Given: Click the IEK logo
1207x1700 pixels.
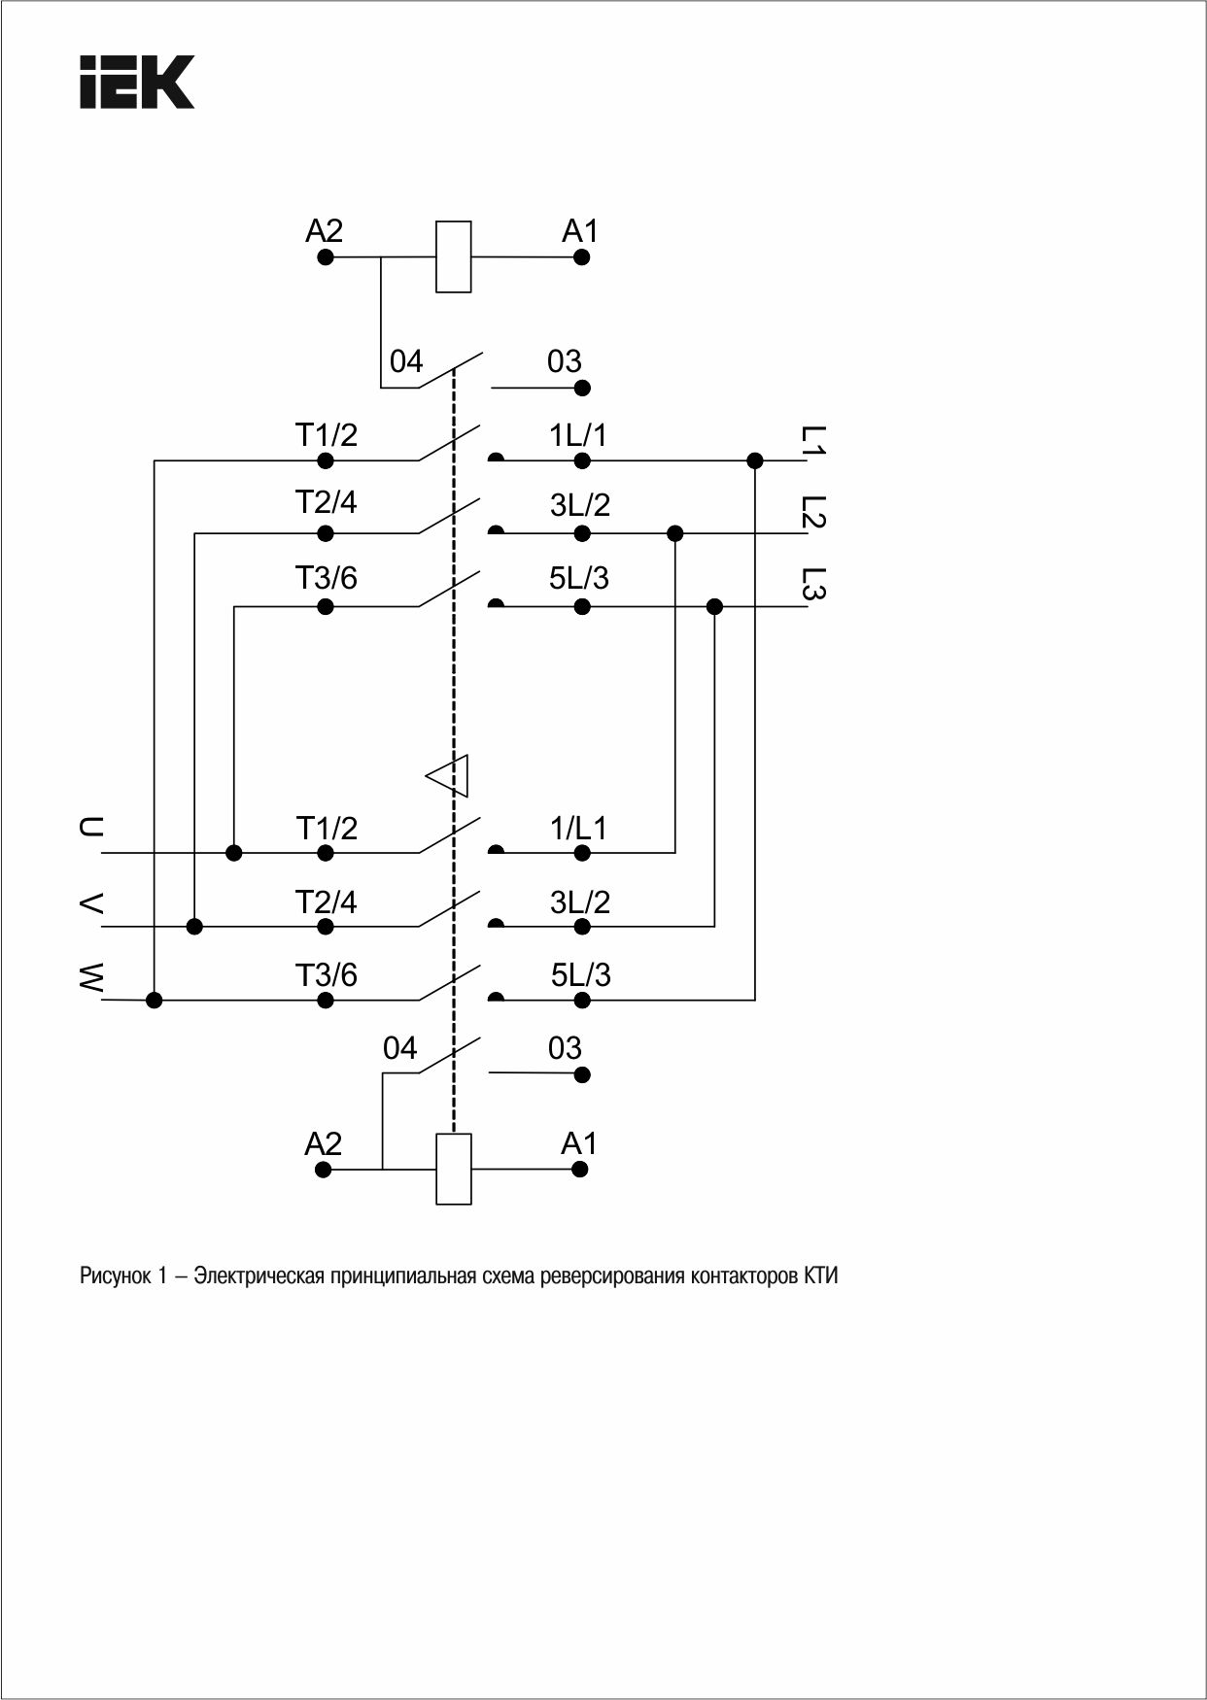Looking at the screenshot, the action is [x=136, y=82].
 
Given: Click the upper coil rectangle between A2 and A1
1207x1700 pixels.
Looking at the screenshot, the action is [x=454, y=256].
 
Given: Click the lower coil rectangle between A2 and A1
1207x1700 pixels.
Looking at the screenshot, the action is [x=454, y=1169].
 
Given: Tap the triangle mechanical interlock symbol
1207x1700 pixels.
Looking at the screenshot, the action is [x=448, y=775].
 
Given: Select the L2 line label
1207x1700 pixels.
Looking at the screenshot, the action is [x=813, y=512].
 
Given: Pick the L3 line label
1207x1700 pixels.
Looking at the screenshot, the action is [x=813, y=584].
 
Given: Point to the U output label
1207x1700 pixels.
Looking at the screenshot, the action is [x=89, y=828].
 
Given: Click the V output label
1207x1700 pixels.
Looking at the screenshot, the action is [x=89, y=902].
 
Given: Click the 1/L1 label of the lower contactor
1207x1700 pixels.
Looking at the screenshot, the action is [x=578, y=828].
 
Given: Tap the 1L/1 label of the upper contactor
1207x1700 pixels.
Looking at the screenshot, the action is [x=578, y=434].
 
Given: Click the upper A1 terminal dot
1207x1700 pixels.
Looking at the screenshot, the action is [x=581, y=257].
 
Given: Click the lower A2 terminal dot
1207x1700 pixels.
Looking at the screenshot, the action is [x=325, y=1169].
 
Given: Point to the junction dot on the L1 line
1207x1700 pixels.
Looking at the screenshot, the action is [x=755, y=460].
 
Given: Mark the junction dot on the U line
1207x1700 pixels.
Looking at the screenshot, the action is [x=234, y=853].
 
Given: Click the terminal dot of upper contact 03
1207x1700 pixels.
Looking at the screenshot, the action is [x=582, y=389].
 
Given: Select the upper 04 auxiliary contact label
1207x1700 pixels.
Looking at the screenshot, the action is [x=406, y=361].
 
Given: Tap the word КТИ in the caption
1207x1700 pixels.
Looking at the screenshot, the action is [x=821, y=1275].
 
